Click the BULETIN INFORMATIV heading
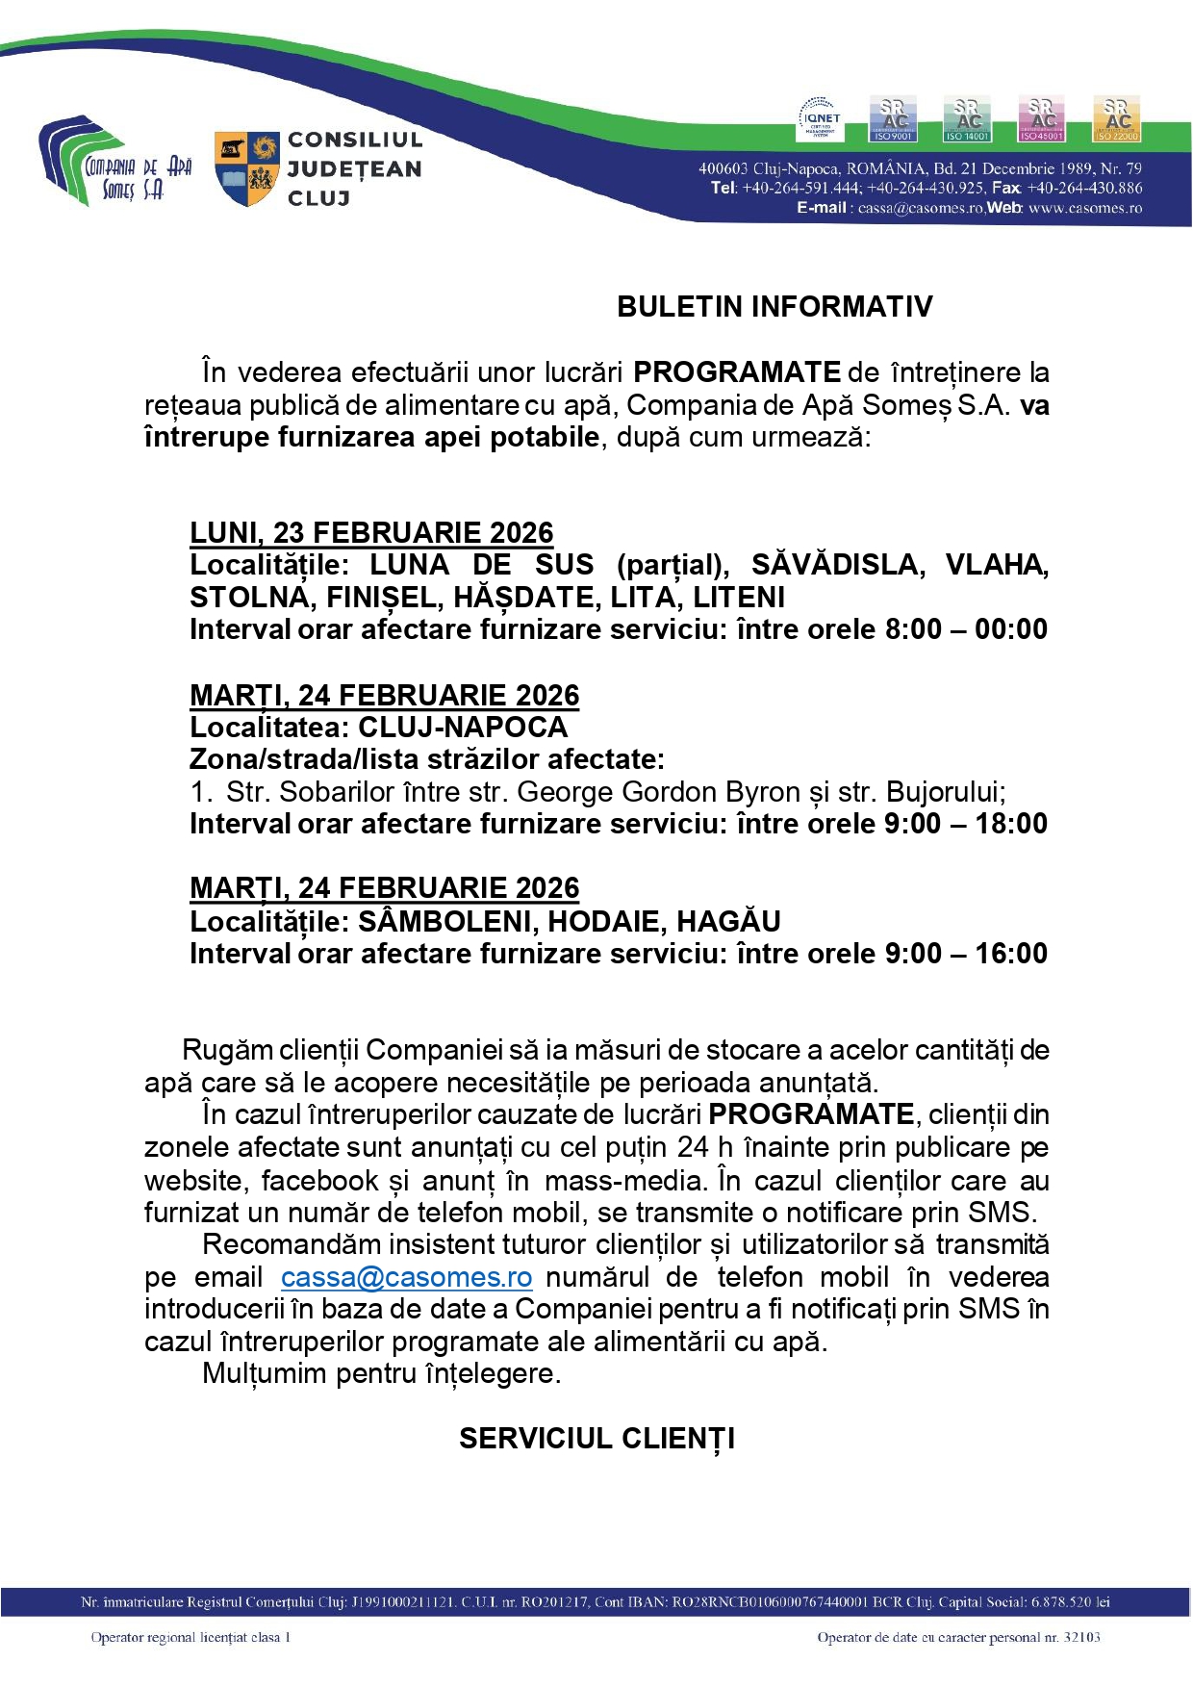click(774, 307)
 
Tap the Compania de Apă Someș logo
click(114, 161)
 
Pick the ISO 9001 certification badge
click(893, 118)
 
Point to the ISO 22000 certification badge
click(1116, 118)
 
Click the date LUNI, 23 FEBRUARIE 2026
click(371, 532)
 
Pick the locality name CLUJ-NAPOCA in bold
click(463, 727)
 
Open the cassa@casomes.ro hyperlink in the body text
click(406, 1277)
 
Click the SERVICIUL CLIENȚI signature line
click(596, 1439)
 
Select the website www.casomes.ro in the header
click(1085, 208)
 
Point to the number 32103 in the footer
click(1081, 1637)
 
